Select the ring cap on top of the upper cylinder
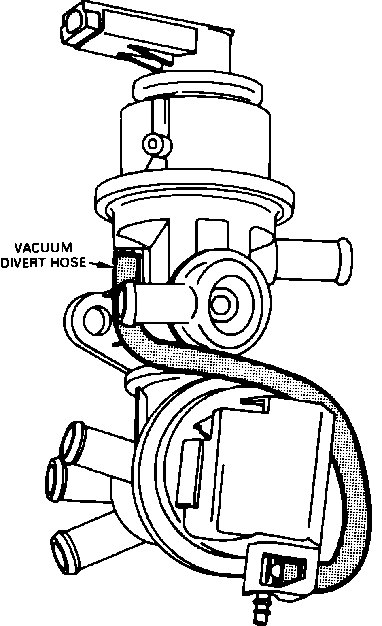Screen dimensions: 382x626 click(198, 87)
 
